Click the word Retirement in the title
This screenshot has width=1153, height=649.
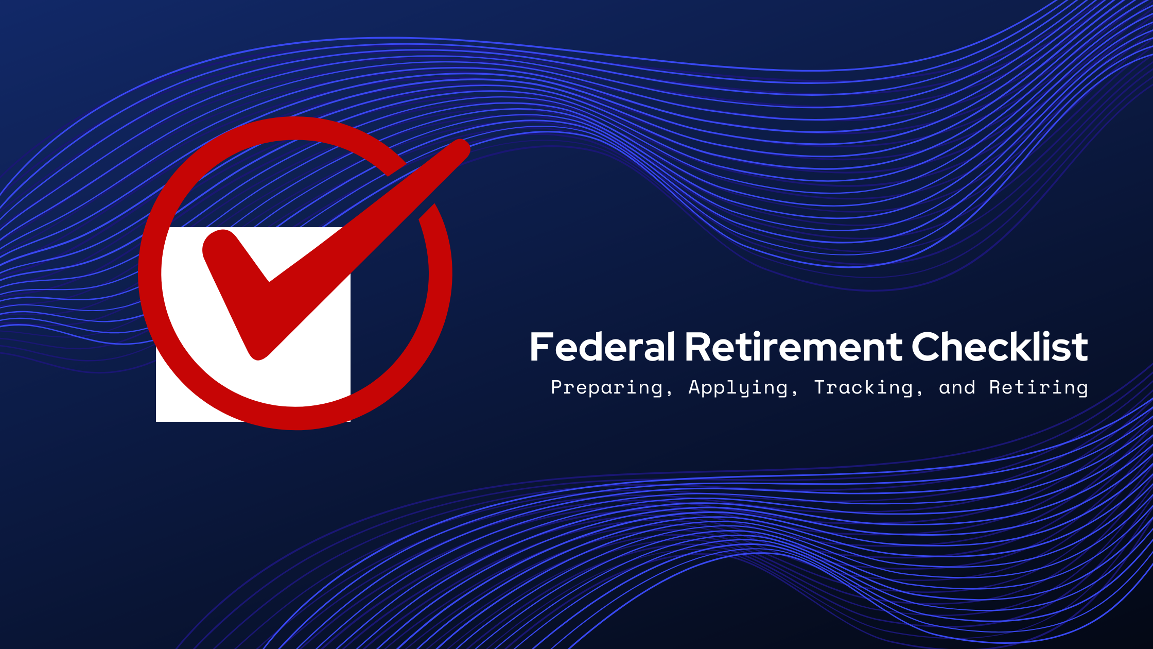click(x=793, y=347)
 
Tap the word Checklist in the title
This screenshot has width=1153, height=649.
click(x=1000, y=347)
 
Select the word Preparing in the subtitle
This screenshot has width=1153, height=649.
click(x=606, y=387)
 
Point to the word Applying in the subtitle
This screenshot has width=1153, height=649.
click(x=738, y=387)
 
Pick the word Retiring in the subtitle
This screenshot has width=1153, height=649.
click(x=1038, y=387)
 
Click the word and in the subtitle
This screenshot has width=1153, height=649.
click(x=957, y=387)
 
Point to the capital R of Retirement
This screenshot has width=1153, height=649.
click(x=698, y=347)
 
